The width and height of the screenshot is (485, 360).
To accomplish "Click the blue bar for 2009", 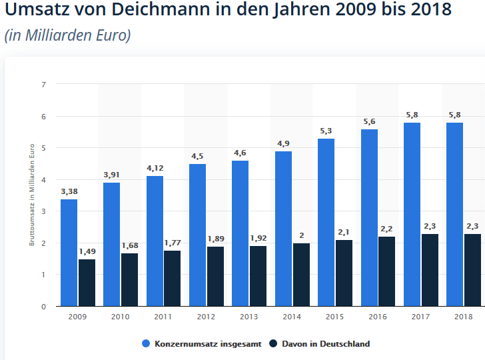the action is [x=69, y=253].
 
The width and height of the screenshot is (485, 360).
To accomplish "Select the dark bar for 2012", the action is [x=216, y=277].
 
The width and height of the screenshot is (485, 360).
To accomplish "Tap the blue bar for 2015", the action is [x=326, y=222].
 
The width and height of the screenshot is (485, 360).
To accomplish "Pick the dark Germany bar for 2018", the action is [x=473, y=270].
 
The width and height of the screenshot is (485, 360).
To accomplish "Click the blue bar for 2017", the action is [x=412, y=215].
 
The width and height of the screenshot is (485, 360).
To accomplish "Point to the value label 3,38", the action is [x=69, y=191].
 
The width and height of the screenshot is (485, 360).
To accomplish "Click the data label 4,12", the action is [x=155, y=168].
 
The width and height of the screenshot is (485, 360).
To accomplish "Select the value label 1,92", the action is [x=258, y=238].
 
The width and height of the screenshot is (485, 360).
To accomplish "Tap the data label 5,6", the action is [x=369, y=121].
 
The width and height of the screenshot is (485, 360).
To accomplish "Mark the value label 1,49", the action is [x=87, y=251].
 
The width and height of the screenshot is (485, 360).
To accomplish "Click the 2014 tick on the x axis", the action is [x=292, y=317].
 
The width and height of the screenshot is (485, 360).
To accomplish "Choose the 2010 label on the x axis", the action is [x=121, y=317].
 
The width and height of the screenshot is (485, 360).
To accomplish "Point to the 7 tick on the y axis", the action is [x=43, y=85].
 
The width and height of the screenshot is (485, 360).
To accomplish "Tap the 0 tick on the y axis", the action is [x=43, y=307].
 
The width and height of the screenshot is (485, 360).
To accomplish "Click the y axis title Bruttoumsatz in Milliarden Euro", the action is [x=32, y=195].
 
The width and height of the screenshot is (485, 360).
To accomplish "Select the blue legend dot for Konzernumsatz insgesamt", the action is [x=146, y=343].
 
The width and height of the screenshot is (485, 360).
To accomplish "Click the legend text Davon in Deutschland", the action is [x=326, y=344].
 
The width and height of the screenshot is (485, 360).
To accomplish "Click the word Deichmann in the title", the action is [x=161, y=9].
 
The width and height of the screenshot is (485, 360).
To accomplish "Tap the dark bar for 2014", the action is [x=302, y=275].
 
